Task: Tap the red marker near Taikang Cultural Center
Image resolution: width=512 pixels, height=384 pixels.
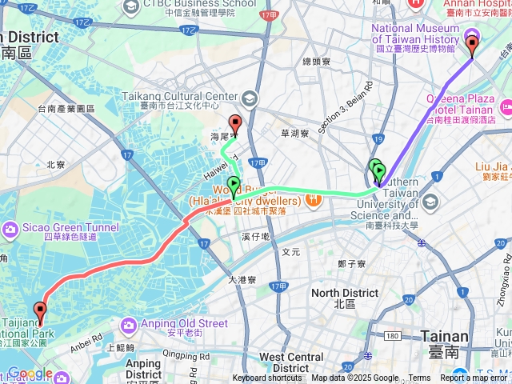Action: point(235,124)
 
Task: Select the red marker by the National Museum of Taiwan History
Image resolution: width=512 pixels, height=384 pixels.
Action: point(472,44)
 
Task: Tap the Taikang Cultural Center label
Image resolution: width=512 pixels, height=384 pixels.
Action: point(180,97)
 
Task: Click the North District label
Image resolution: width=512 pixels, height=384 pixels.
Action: point(345,293)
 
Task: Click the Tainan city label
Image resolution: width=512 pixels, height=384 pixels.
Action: point(463,337)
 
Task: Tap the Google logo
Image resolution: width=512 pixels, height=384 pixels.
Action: point(30,374)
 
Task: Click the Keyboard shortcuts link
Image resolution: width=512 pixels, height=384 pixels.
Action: point(267,378)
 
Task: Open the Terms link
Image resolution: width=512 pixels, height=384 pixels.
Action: point(419,378)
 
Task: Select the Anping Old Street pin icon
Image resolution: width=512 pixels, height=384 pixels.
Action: point(129,325)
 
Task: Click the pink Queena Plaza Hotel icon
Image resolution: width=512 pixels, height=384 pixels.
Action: point(505,106)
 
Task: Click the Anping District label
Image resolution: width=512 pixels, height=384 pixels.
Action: point(143,369)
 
